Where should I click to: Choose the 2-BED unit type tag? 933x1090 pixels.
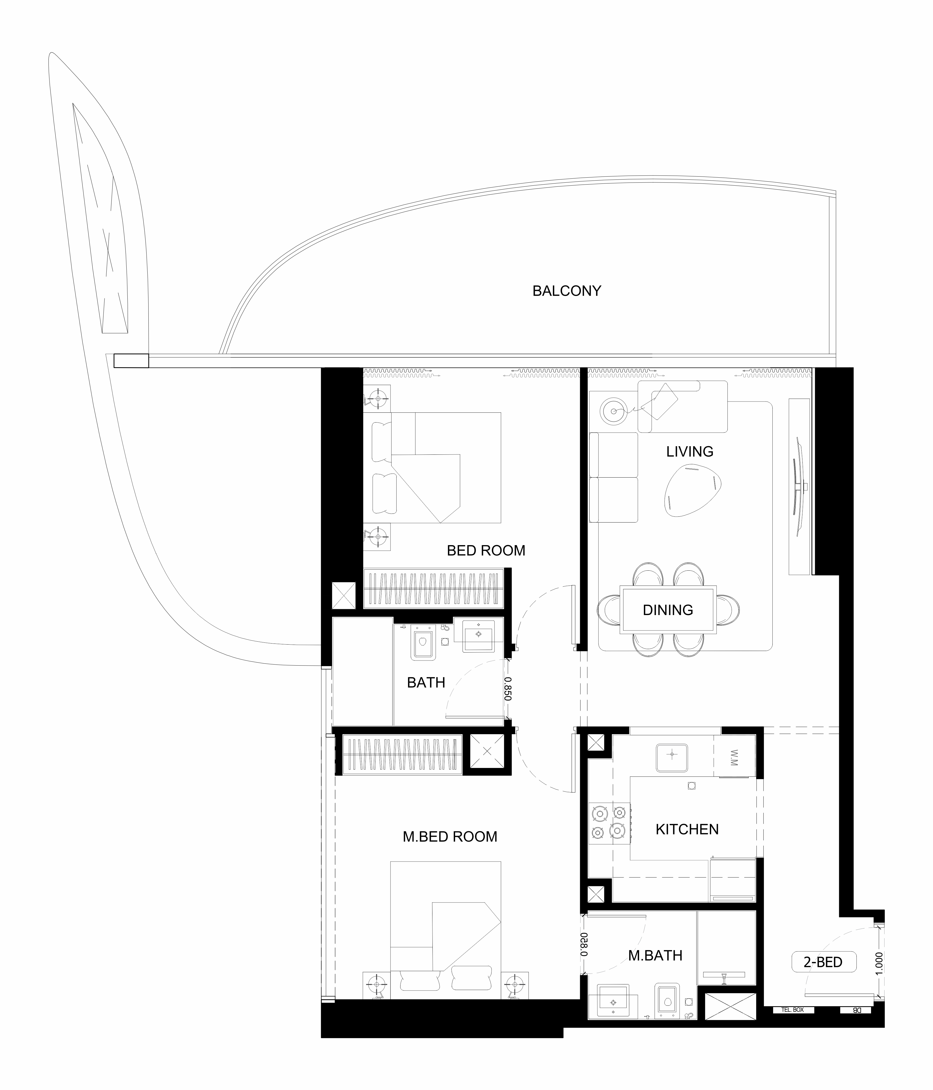pos(823,962)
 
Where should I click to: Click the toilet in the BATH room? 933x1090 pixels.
pos(423,642)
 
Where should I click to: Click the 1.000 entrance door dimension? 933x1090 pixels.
pos(879,962)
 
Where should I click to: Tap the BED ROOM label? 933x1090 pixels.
pos(486,551)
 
